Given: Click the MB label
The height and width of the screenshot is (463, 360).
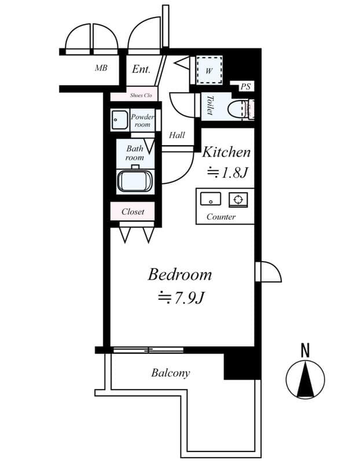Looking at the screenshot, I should click(101, 68).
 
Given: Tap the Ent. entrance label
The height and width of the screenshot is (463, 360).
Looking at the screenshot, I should click(141, 69).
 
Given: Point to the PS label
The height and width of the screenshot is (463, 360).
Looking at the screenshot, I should click(246, 87).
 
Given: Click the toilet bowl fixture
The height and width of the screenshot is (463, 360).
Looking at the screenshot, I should click(237, 108).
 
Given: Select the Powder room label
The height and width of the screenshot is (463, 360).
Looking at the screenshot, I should click(142, 120).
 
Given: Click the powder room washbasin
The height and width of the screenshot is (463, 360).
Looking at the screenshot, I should click(120, 120).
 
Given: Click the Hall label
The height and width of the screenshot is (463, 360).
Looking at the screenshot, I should click(177, 135).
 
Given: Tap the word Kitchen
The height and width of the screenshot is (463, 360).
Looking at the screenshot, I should click(226, 153).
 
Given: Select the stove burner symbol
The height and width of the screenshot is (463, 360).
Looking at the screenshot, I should click(237, 200).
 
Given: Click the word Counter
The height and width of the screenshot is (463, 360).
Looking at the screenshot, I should click(221, 217).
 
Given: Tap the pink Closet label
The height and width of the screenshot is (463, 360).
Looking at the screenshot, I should click(133, 212).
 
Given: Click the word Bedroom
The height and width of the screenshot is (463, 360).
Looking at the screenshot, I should click(179, 274).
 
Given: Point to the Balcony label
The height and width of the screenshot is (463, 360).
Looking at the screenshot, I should click(170, 373).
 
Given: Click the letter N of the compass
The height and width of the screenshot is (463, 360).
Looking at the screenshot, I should click(305, 350).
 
